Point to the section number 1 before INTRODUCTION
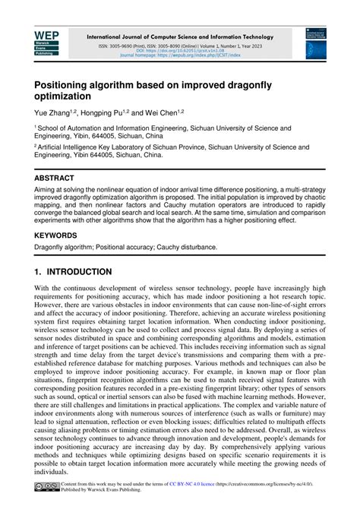(37, 272)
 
